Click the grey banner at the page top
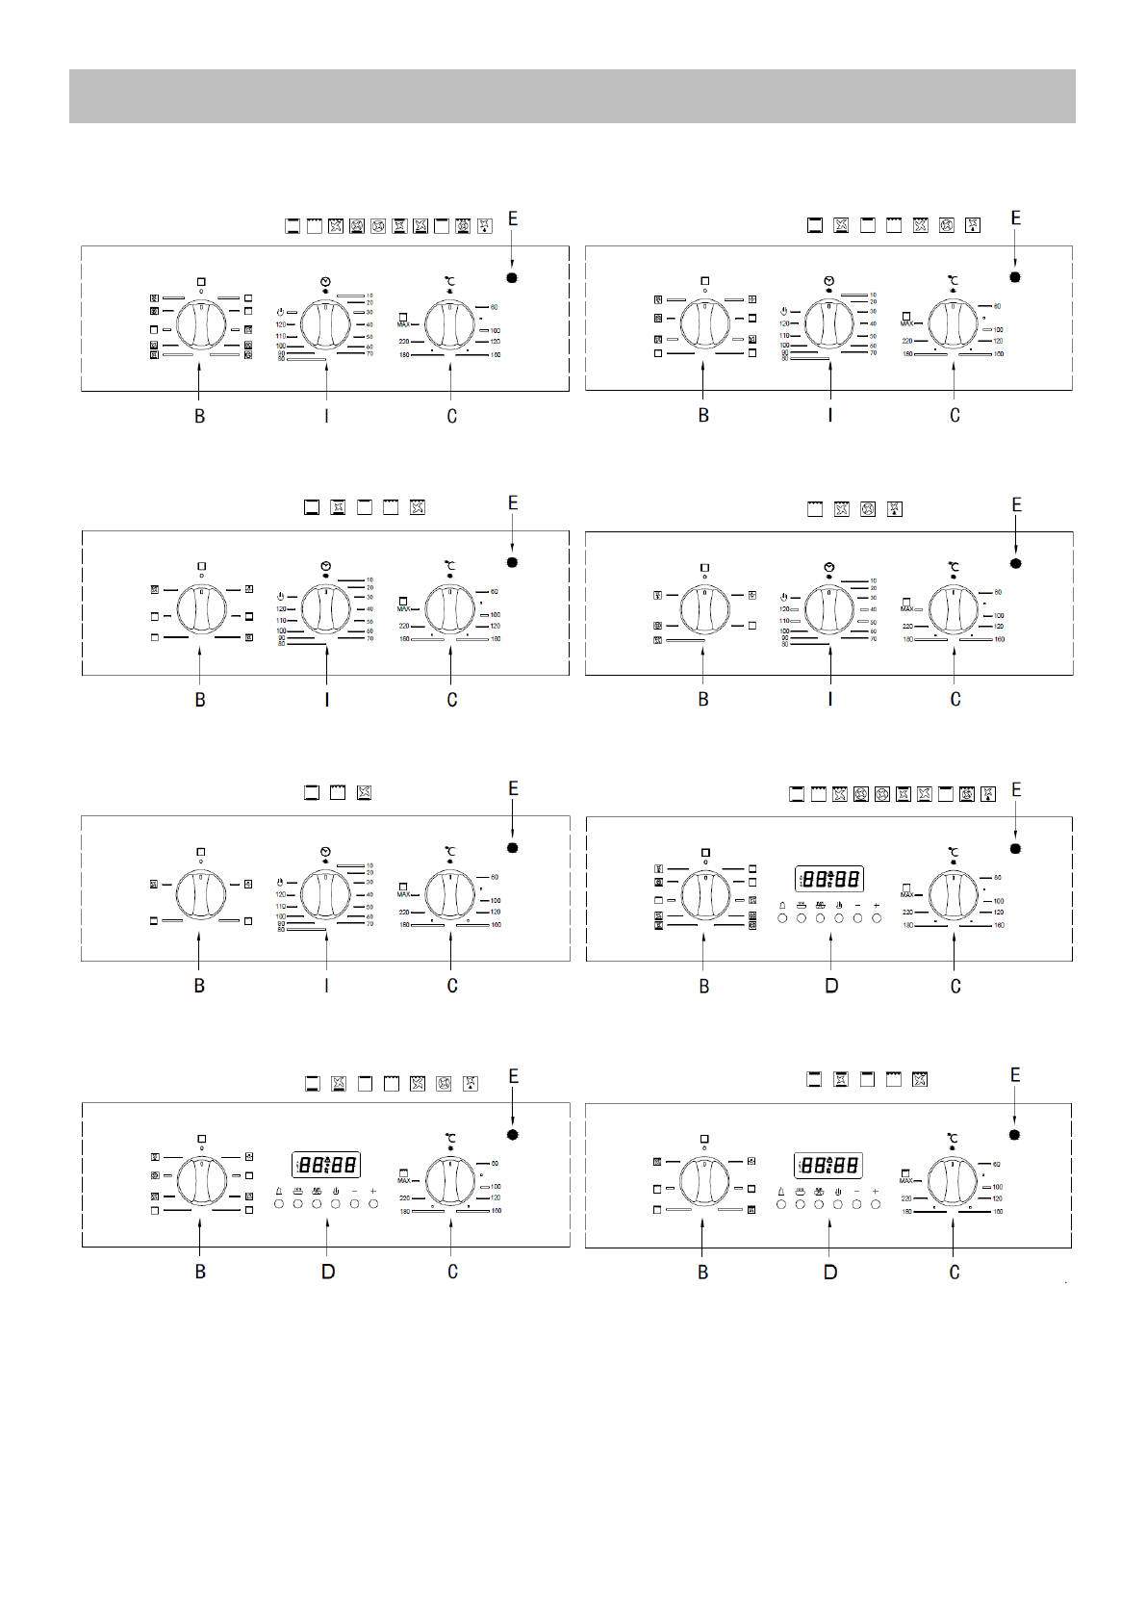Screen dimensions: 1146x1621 (x=572, y=95)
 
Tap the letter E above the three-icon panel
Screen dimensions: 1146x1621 (x=513, y=789)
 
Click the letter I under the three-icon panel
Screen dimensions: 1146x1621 (x=326, y=986)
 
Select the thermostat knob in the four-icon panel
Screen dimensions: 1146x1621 (x=953, y=609)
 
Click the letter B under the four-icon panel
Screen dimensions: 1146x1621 (x=703, y=700)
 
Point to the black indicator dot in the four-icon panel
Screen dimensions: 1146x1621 (x=1015, y=563)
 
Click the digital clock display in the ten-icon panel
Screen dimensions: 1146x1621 (x=829, y=879)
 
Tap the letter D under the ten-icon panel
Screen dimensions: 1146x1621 (x=831, y=986)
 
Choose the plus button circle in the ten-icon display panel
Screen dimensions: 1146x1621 (x=877, y=918)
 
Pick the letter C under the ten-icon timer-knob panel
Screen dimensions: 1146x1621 (x=451, y=416)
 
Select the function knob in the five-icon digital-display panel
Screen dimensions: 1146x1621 (x=704, y=1182)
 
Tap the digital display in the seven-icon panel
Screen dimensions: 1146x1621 (x=326, y=1165)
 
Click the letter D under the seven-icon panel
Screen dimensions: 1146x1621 (x=328, y=1272)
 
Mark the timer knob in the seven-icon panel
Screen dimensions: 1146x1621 (x=829, y=323)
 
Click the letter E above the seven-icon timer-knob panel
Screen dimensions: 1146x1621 (x=1015, y=219)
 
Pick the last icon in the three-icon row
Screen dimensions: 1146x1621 (x=364, y=793)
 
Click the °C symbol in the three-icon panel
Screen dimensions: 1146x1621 (x=449, y=851)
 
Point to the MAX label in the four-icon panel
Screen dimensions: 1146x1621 (x=906, y=608)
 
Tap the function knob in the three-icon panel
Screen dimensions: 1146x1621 (x=200, y=894)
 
